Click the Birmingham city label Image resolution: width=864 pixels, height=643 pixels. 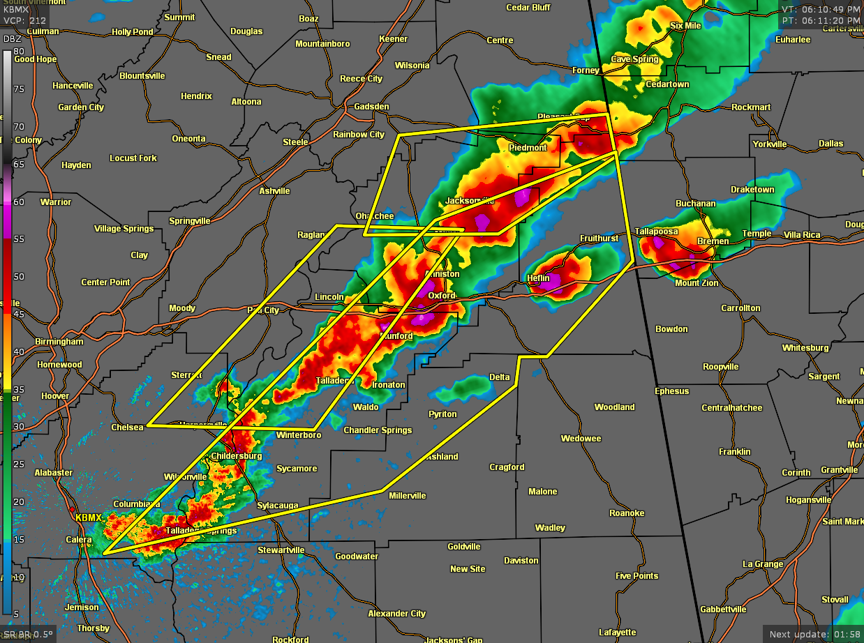[x=60, y=342]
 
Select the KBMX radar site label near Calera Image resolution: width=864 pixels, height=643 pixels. [x=88, y=518]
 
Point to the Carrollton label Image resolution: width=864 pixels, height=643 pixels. [x=740, y=308]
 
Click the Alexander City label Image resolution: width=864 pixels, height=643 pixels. [x=397, y=614]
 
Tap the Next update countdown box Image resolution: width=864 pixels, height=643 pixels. [x=812, y=634]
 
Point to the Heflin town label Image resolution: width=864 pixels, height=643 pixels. [x=539, y=278]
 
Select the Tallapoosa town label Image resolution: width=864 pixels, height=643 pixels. [x=656, y=232]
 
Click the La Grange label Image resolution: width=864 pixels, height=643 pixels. [x=762, y=564]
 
